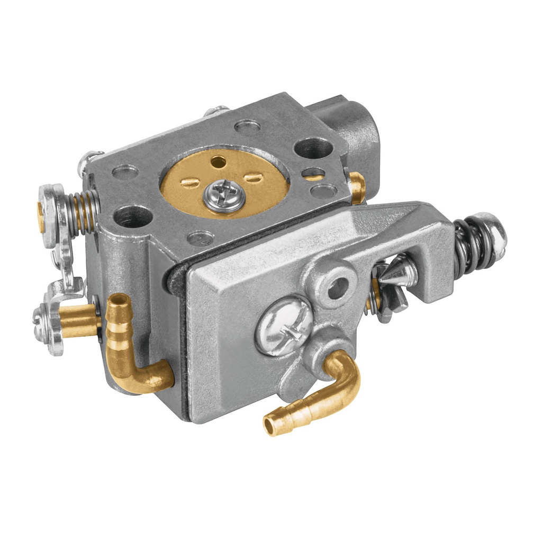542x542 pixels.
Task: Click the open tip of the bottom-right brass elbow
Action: [x=270, y=426]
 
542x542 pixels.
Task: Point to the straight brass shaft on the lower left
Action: [x=79, y=320]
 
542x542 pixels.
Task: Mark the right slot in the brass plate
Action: [x=253, y=178]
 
